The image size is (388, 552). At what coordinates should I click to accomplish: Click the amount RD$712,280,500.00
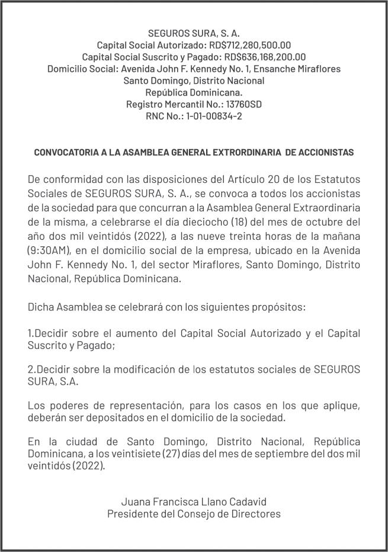249,45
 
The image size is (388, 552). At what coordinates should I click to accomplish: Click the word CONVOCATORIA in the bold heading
68,153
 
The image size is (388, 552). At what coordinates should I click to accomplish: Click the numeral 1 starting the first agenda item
30,334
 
